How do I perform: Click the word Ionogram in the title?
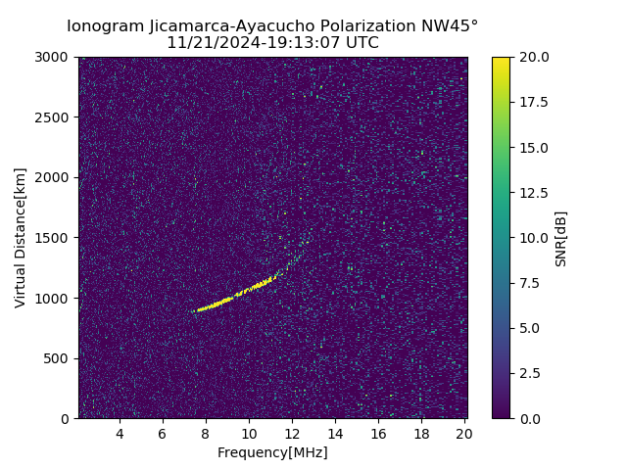101,26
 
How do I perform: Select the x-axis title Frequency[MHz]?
272,452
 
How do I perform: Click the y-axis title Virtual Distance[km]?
21,237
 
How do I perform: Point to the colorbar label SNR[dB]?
561,238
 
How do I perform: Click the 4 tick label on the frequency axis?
120,434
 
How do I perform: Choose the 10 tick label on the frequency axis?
249,434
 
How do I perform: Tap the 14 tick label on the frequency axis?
335,434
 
